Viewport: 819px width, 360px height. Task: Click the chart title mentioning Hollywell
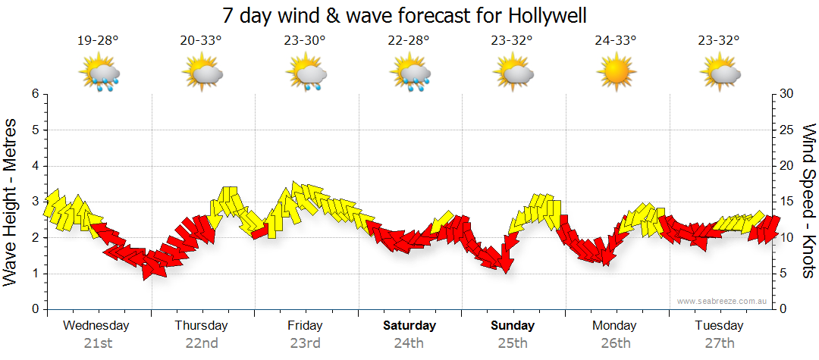click(x=405, y=15)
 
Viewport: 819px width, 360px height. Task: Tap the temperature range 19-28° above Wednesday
click(x=98, y=41)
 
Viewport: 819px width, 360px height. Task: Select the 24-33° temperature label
click(x=615, y=41)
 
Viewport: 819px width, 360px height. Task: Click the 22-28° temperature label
click(x=408, y=41)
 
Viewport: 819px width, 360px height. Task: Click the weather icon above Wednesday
click(x=99, y=74)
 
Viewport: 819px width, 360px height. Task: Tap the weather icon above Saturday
click(x=410, y=74)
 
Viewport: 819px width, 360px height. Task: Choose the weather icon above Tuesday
click(x=720, y=74)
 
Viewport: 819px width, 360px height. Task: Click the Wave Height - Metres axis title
click(x=11, y=200)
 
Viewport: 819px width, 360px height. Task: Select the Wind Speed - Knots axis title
click(x=808, y=200)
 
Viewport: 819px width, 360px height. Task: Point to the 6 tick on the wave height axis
click(x=34, y=94)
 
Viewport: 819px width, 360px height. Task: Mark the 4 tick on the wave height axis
click(x=34, y=166)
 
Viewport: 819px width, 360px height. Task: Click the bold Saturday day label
click(x=409, y=326)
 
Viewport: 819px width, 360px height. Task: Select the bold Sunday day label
click(x=513, y=326)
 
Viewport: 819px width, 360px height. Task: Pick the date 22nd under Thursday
click(x=202, y=343)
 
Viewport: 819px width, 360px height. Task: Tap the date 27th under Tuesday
click(x=719, y=343)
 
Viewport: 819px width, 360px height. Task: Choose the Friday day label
click(x=305, y=326)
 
